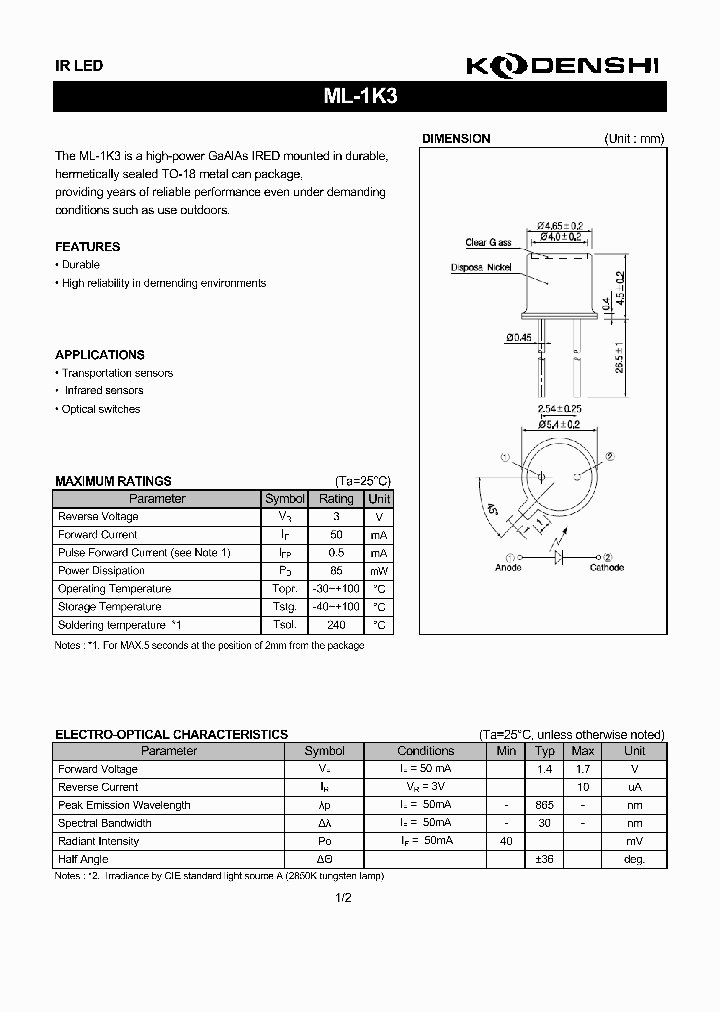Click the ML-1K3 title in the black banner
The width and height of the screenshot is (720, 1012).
click(359, 97)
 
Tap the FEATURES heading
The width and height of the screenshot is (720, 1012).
click(87, 246)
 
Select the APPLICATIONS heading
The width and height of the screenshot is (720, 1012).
click(99, 355)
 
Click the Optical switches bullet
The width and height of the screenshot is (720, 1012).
click(100, 409)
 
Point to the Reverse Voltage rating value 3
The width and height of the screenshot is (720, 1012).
click(336, 517)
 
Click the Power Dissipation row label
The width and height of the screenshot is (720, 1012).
click(101, 571)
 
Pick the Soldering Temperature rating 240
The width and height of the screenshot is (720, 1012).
click(336, 625)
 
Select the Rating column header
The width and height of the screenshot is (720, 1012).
click(336, 499)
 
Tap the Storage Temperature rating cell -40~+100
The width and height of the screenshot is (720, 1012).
click(336, 607)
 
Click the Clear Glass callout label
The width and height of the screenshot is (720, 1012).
click(488, 243)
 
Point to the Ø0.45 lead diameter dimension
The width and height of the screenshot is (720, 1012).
click(519, 337)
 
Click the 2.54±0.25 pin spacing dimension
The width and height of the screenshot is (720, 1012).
click(560, 410)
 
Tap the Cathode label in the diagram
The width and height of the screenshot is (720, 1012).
click(606, 568)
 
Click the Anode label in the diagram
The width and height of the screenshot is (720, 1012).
click(509, 568)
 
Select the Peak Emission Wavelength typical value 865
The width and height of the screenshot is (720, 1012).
click(544, 805)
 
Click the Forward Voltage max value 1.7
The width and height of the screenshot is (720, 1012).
click(583, 769)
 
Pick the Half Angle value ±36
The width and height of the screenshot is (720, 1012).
click(544, 859)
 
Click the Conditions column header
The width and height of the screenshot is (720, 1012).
click(425, 751)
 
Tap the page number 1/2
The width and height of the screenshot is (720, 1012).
click(344, 898)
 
